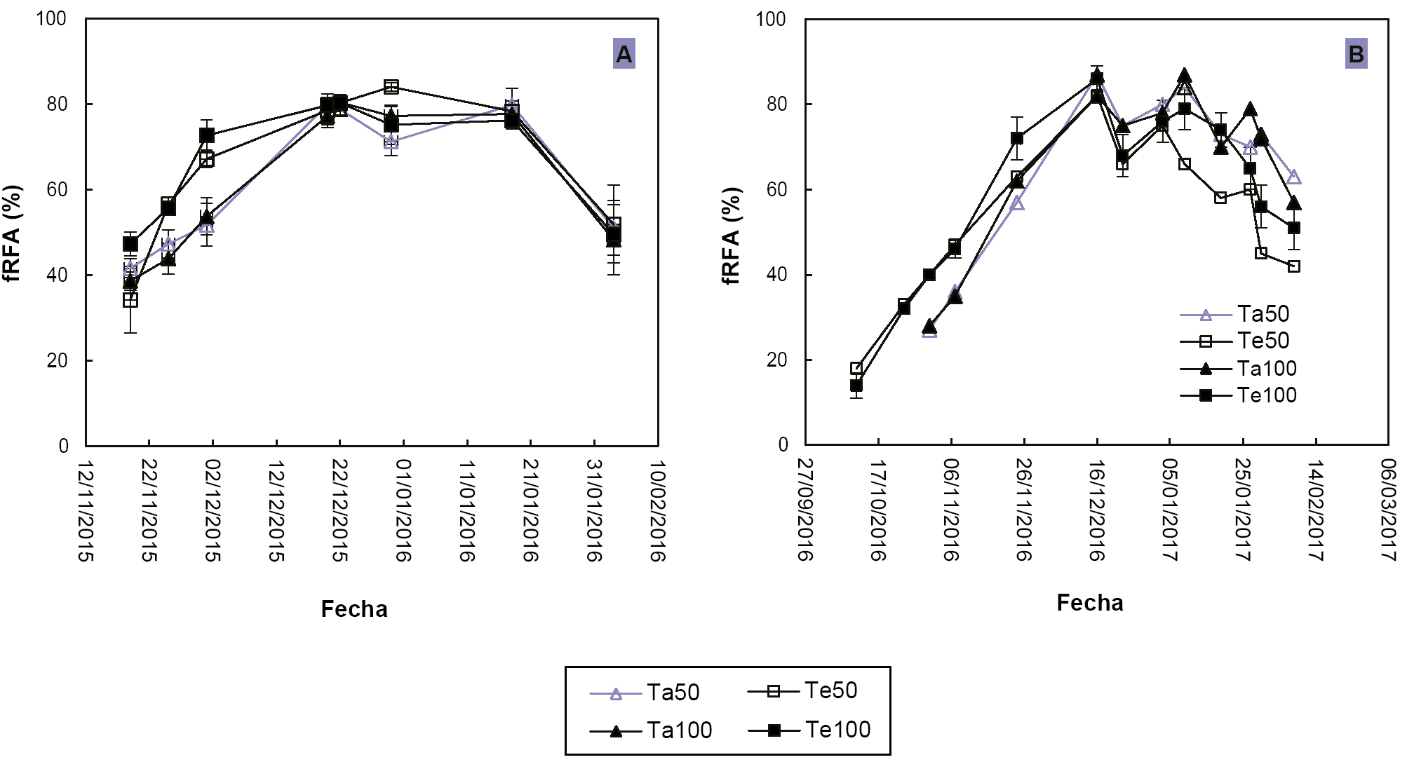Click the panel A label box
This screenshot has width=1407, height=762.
tap(624, 54)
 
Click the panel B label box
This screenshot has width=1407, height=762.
tap(1356, 54)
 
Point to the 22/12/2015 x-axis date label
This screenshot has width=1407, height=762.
tap(339, 510)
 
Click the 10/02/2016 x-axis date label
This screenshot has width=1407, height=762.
tap(657, 510)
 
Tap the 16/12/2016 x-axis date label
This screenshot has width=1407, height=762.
tap(1097, 510)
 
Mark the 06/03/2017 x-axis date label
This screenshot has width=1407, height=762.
tap(1388, 510)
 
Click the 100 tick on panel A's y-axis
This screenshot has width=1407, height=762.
tap(51, 18)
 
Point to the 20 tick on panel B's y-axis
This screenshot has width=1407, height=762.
tap(776, 360)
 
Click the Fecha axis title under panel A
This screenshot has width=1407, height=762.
tap(354, 608)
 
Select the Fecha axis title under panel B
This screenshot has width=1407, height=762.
tap(1089, 602)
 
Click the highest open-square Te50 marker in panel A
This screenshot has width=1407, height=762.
tap(391, 87)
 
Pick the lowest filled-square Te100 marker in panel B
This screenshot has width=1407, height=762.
tap(856, 386)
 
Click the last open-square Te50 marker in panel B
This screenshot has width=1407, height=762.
tap(1294, 266)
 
